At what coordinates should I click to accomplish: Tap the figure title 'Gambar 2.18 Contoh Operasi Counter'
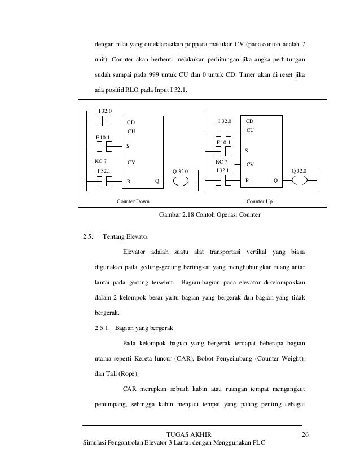(x=210, y=215)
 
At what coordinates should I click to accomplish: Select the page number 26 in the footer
(x=306, y=434)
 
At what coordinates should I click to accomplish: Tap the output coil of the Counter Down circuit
(x=181, y=181)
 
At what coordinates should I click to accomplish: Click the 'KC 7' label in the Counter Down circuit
(x=100, y=161)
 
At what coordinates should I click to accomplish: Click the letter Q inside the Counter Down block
(x=157, y=182)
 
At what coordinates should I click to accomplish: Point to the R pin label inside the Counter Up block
(x=247, y=181)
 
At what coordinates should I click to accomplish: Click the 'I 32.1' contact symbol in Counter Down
(x=103, y=181)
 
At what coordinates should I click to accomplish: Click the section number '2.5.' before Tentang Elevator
(x=87, y=236)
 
